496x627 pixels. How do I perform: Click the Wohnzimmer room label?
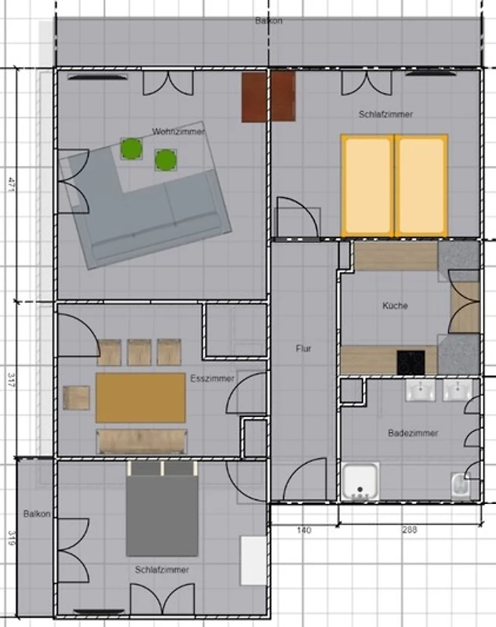178,131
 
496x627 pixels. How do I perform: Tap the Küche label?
395,306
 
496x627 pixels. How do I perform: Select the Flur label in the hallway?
304,349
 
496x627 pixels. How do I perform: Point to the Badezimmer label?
413,433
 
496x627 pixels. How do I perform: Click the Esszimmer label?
212,379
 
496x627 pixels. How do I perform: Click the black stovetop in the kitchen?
410,363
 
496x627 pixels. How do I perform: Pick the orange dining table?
140,397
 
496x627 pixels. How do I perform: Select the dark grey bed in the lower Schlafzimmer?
162,509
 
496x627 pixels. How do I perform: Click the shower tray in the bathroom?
360,482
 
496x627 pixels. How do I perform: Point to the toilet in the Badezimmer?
461,486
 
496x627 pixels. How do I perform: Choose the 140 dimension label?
305,531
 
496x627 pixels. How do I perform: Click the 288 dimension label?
410,530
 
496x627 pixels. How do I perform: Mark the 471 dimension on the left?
11,185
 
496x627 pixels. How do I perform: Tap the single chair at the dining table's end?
76,397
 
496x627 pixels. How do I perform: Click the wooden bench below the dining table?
142,441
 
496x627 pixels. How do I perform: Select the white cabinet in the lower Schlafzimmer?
253,561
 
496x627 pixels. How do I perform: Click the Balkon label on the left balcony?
37,514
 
